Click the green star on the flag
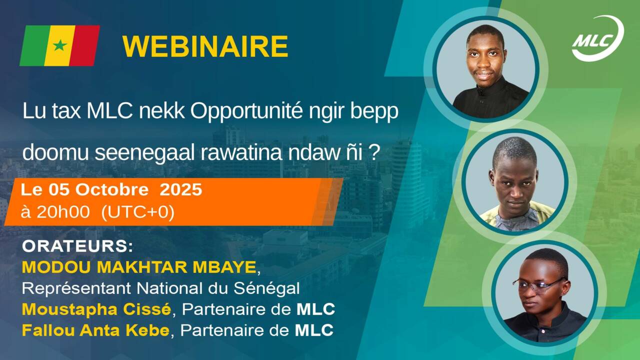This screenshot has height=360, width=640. (60, 45)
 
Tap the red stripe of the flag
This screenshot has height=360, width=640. (85, 45)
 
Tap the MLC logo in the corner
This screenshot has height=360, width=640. (597, 38)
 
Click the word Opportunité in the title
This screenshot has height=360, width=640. (246, 111)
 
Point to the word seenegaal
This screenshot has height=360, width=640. (144, 152)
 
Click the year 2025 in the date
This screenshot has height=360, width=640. (180, 189)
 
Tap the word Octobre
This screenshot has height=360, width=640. (112, 189)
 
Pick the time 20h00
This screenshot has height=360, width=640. (63, 212)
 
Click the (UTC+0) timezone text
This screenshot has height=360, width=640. (138, 212)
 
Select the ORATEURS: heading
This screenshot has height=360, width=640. (77, 246)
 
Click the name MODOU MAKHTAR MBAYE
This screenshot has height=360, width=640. (139, 267)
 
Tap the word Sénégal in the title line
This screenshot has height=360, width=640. (266, 288)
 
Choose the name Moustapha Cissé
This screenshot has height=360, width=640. (96, 310)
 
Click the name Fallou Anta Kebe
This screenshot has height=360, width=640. (95, 330)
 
